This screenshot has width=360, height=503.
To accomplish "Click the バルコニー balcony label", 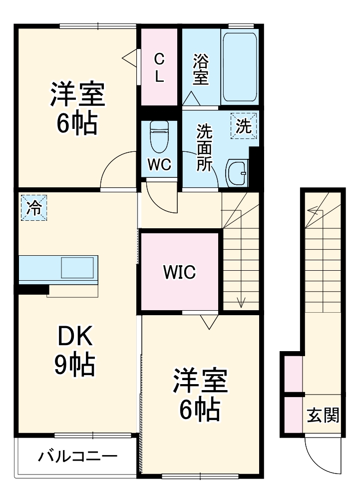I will (78, 456).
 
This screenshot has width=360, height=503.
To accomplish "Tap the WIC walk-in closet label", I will (179, 272).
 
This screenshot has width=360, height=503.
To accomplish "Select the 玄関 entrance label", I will (323, 415).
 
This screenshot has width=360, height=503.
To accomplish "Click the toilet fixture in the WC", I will (160, 136).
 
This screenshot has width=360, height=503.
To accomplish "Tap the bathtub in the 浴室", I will (239, 67).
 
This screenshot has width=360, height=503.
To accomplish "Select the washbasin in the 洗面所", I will (237, 173).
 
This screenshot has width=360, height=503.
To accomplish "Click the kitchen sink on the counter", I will (77, 268).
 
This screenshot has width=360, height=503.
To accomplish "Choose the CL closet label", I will (159, 68).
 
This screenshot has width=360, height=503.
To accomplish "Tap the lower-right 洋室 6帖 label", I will (200, 395).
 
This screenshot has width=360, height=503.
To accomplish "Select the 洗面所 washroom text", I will (203, 147).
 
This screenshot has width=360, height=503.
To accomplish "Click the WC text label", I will (159, 165).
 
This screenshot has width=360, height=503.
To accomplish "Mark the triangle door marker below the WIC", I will (208, 321).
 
